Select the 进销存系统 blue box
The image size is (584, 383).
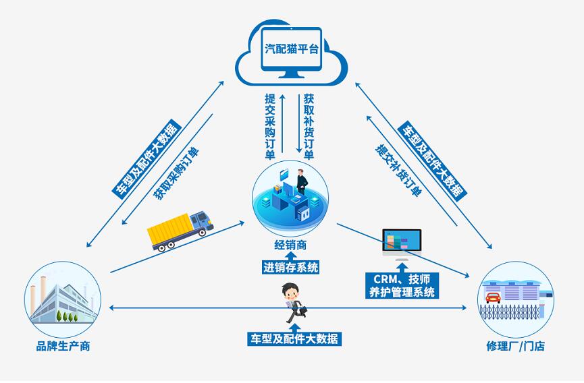pos(290,267)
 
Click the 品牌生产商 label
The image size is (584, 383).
pos(63,346)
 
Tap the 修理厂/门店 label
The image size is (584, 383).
pos(514,346)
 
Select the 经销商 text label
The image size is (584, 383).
pos(291,245)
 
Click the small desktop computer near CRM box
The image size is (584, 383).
pos(401,242)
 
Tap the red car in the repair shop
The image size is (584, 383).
pos(493,296)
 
